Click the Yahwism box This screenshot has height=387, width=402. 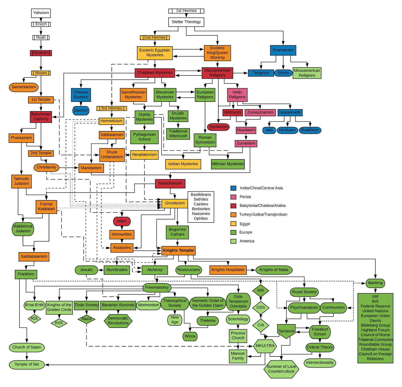(41, 13)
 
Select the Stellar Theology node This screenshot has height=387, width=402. (186, 22)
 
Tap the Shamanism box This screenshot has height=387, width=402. (283, 50)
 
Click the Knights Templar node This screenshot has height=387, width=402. (178, 250)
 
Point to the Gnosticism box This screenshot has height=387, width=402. (175, 203)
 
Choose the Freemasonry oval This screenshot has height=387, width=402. (157, 287)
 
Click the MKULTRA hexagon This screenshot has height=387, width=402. (265, 346)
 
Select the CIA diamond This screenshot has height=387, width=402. (261, 325)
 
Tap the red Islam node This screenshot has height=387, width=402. (122, 221)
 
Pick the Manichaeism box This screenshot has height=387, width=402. (170, 183)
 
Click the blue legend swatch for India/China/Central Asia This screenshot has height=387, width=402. (233, 188)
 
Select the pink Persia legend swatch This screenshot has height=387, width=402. (233, 197)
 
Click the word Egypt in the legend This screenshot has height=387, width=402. (245, 224)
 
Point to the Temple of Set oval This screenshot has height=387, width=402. (27, 364)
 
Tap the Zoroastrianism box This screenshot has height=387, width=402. (260, 112)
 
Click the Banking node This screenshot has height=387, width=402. (375, 283)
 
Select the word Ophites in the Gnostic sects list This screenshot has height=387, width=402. (201, 219)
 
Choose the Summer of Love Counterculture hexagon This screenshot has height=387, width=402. (281, 369)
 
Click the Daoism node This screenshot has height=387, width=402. (81, 110)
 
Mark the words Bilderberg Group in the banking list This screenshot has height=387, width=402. (375, 325)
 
